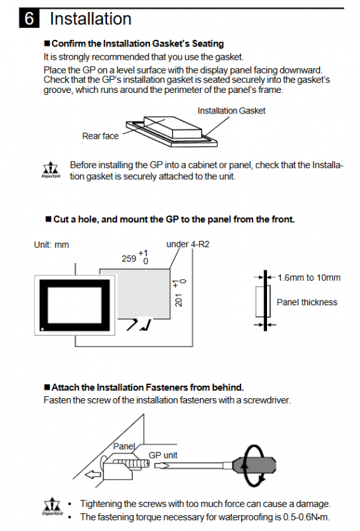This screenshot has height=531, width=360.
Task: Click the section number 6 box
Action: point(29,19)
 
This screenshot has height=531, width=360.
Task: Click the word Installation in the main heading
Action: point(90,19)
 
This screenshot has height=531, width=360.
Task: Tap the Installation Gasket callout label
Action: point(232,111)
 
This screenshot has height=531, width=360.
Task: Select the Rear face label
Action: point(100,136)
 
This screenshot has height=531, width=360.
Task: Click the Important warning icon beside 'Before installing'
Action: point(51,170)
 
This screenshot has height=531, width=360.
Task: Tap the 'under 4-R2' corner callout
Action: point(188,244)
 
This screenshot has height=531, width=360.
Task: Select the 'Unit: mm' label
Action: point(51,245)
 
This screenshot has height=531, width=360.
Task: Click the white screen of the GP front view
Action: point(74,305)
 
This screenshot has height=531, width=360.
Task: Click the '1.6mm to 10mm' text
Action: point(309,277)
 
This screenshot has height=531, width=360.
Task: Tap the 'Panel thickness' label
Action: point(307,302)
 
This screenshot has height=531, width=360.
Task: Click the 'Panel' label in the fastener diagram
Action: point(124,446)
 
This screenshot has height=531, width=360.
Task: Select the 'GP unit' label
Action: point(163,455)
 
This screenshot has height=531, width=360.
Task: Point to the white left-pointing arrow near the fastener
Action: point(93,475)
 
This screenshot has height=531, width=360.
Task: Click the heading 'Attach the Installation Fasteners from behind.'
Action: point(147,387)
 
